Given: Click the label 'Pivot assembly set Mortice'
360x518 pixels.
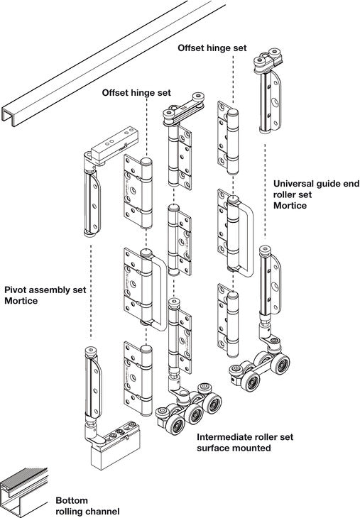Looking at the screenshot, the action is (45, 295).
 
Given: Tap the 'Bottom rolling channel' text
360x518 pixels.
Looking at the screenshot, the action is (87, 506).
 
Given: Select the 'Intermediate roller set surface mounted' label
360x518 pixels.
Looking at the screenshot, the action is (245, 442).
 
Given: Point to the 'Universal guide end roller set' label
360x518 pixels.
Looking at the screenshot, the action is (316, 189).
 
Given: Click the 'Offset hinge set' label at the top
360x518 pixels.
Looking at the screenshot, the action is (212, 48).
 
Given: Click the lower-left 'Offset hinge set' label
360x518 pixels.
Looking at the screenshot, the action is (136, 92).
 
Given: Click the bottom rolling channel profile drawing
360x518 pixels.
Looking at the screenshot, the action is (23, 492).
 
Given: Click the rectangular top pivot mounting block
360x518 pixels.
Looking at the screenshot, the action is (114, 145).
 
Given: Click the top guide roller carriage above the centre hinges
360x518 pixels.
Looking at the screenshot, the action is (183, 110).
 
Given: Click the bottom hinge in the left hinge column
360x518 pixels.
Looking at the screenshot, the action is (138, 379).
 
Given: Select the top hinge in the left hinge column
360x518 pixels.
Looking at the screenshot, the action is (138, 192).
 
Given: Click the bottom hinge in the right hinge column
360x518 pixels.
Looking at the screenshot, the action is (228, 320).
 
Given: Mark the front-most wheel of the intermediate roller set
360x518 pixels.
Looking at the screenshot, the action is (175, 426).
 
